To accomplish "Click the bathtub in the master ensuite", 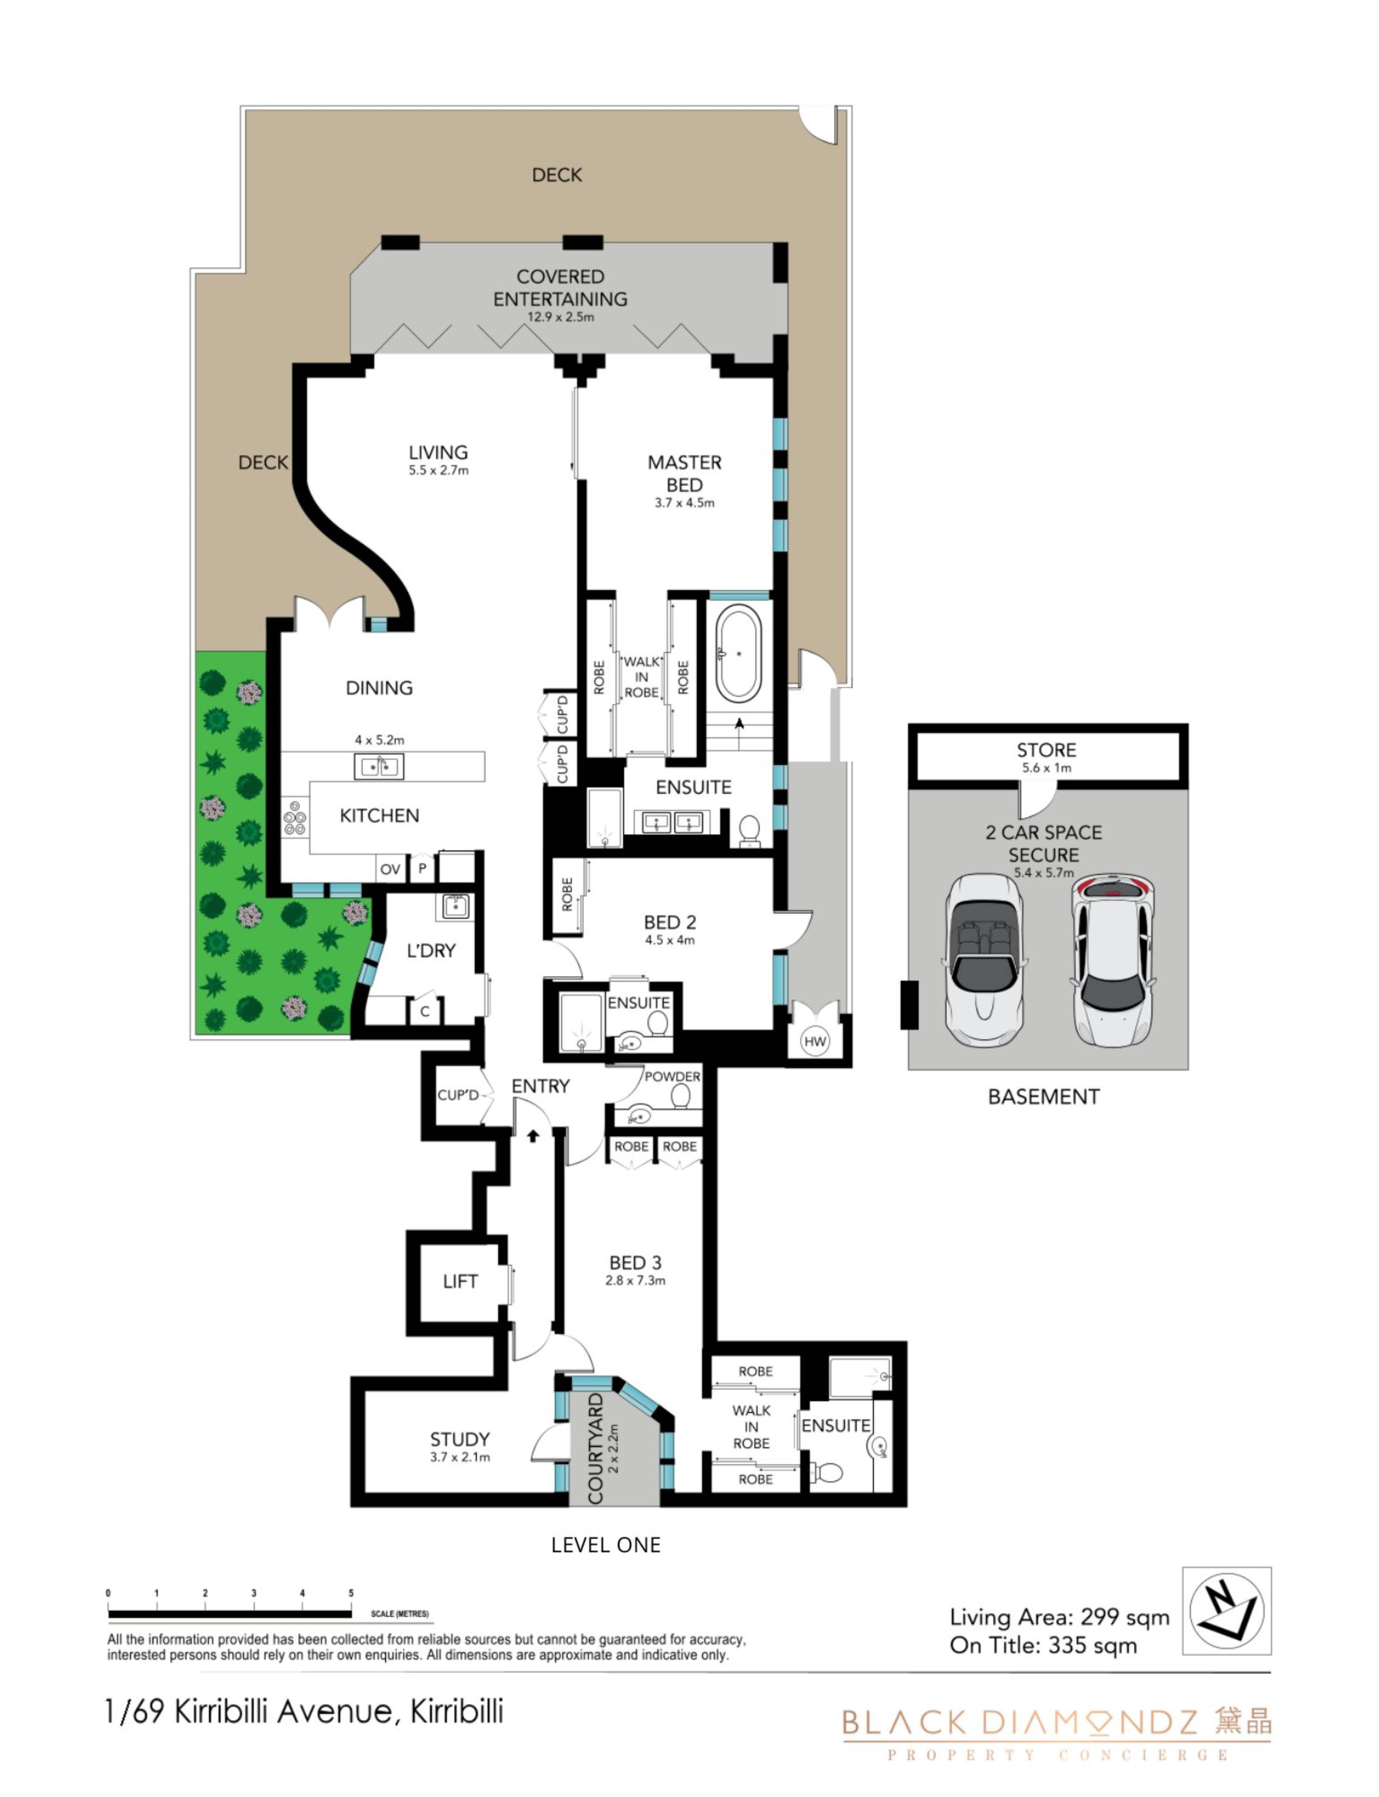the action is [739, 653].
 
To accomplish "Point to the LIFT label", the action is [460, 1281].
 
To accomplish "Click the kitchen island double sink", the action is [378, 766].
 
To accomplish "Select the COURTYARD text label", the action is [596, 1448].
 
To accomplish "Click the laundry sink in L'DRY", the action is [455, 906].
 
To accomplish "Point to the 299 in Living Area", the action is [1100, 1616].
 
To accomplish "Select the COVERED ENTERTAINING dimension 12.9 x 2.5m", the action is [561, 317].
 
